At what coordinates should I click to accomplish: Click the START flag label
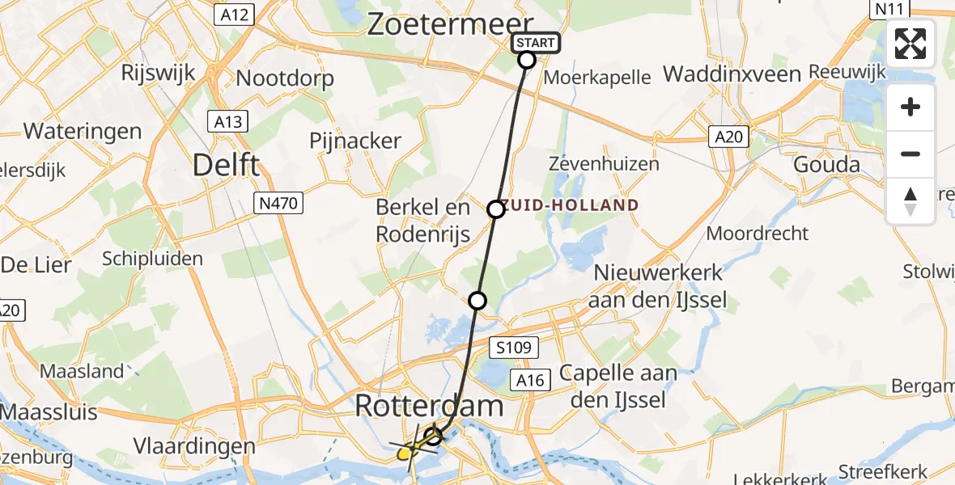[535, 43]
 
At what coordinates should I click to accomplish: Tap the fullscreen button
[910, 44]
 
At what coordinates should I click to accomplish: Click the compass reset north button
[910, 201]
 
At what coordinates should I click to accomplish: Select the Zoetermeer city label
[451, 24]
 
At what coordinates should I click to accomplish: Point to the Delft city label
[226, 166]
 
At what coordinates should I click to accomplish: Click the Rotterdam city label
[429, 407]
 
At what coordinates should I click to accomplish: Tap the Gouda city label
[827, 165]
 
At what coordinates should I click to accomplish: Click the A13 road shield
[227, 122]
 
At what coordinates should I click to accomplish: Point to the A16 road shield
[531, 379]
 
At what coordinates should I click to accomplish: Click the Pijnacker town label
[355, 141]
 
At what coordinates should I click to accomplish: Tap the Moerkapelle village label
[597, 78]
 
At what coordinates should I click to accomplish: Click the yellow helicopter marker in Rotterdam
[405, 453]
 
